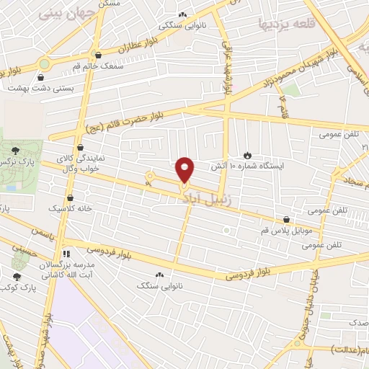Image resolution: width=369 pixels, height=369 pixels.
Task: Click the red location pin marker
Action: [x=185, y=169]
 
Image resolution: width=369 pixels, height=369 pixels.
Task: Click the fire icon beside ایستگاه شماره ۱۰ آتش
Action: [x=247, y=154]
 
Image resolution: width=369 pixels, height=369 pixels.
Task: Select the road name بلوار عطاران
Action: [x=131, y=48]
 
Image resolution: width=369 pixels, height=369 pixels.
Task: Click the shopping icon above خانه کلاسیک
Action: [x=70, y=197]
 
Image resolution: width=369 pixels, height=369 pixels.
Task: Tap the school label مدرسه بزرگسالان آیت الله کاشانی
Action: [x=66, y=270]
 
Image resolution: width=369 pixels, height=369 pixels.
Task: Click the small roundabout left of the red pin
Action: [x=150, y=175]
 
